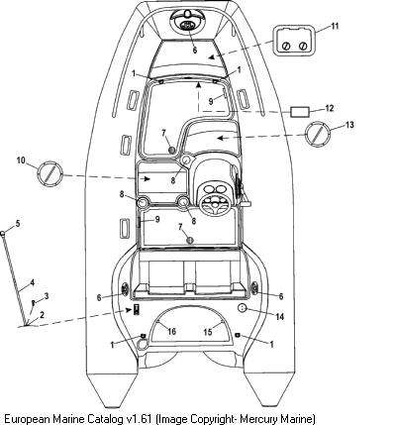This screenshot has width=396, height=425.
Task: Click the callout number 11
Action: click(x=335, y=26)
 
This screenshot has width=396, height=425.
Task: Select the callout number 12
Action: click(x=329, y=108)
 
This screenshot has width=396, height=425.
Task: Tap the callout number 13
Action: click(x=349, y=125)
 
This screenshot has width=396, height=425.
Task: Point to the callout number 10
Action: click(x=21, y=160)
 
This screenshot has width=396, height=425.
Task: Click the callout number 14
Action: click(x=279, y=317)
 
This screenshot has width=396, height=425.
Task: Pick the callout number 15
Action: click(x=208, y=332)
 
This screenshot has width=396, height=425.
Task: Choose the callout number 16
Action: click(x=171, y=331)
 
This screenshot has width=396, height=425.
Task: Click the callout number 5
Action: click(x=18, y=224)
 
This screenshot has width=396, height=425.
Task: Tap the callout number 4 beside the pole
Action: click(x=32, y=282)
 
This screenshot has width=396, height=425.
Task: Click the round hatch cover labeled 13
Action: click(x=317, y=134)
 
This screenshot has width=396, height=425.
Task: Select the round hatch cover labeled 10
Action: click(x=49, y=174)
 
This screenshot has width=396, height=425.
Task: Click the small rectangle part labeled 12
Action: click(x=300, y=112)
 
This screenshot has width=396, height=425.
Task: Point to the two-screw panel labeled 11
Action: click(x=294, y=40)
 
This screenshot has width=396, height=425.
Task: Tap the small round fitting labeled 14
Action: click(x=243, y=307)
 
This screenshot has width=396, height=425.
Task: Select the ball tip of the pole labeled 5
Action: click(x=3, y=234)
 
